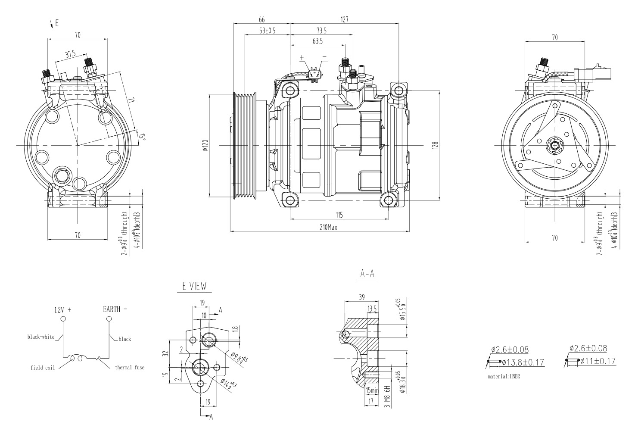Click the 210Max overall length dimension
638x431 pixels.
[x=328, y=228]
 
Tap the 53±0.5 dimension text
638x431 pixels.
[x=267, y=31]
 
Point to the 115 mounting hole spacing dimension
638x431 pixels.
[x=339, y=215]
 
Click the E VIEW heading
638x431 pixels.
[x=194, y=286]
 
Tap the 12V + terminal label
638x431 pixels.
[x=62, y=309]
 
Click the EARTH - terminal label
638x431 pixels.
[x=115, y=309]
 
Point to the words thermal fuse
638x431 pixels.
[x=130, y=368]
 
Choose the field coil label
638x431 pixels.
[x=43, y=368]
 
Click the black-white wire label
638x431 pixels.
[x=41, y=337]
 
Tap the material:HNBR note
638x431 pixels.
[x=504, y=376]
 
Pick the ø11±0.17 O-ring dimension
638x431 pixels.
[x=598, y=361]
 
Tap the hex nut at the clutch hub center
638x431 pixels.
[x=554, y=145]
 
